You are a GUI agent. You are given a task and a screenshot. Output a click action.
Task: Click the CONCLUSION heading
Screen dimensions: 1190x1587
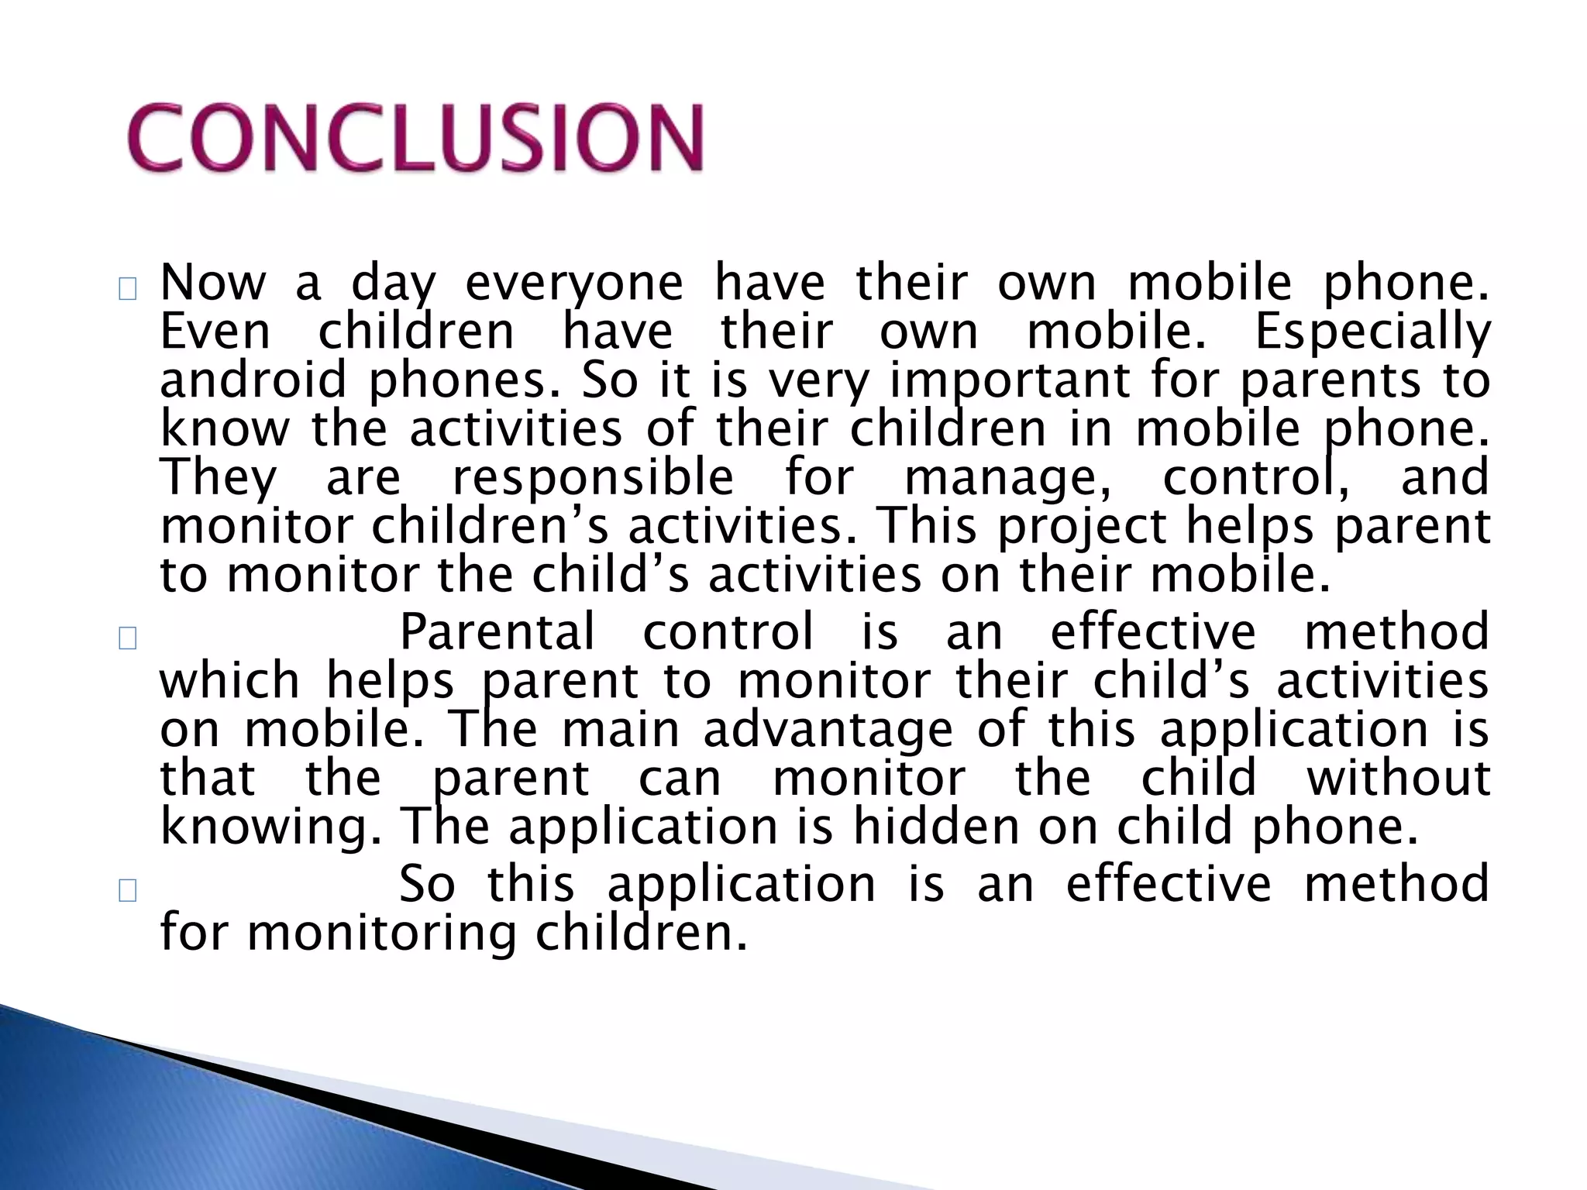(416, 138)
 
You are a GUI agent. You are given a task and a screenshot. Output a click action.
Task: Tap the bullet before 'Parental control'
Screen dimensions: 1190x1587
(128, 639)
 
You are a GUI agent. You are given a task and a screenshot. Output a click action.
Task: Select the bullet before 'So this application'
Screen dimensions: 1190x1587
(128, 891)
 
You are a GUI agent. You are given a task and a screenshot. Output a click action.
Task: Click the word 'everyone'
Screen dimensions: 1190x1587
(573, 284)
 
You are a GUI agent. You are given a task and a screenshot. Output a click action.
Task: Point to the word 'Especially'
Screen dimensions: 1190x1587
(1372, 332)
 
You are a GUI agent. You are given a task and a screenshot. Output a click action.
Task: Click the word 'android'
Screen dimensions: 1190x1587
(253, 380)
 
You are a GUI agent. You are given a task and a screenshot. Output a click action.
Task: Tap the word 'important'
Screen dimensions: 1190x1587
(1009, 382)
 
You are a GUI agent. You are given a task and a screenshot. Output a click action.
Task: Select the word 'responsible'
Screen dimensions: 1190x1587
(593, 478)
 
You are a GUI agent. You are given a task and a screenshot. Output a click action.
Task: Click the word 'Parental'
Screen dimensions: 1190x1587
(497, 631)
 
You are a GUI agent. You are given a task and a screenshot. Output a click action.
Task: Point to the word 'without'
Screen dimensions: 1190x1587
(1397, 778)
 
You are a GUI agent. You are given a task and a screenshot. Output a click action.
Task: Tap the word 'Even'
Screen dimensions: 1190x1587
(215, 332)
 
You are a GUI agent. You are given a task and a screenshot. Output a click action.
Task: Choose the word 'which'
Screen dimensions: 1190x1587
(229, 681)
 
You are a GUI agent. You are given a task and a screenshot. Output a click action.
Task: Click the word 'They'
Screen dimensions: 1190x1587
(218, 478)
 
